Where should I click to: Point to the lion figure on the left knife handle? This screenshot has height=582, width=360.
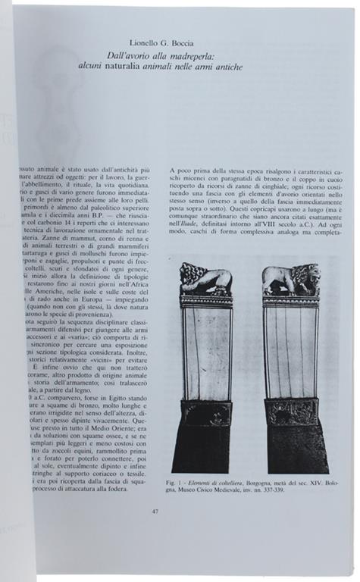coord(205,281)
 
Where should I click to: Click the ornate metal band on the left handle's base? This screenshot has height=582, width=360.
coord(205,413)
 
